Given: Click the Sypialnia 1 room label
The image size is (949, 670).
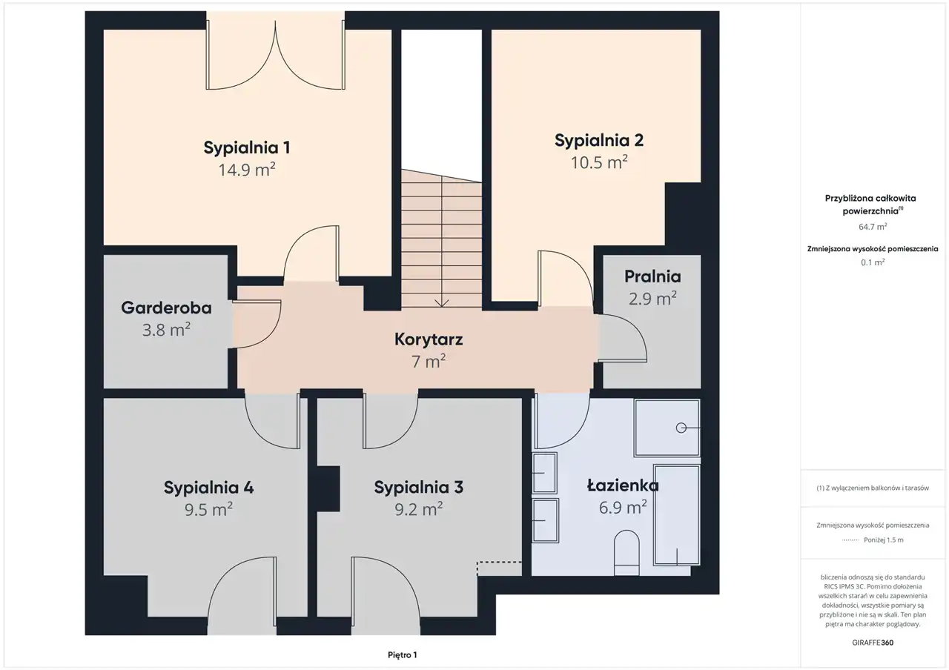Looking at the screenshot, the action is (247, 147).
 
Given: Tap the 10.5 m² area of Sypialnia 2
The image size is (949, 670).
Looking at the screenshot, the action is (599, 162).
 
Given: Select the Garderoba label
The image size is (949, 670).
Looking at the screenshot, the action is (166, 308).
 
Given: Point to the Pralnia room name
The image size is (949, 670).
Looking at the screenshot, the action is (652, 276).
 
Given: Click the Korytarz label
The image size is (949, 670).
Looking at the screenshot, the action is (429, 339).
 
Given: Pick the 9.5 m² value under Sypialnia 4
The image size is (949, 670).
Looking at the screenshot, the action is (208, 509).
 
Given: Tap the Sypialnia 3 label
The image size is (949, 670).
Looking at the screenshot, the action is (419, 488).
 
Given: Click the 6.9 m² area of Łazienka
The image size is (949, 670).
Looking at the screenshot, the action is (623, 507).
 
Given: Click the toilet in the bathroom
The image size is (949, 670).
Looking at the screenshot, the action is (626, 553).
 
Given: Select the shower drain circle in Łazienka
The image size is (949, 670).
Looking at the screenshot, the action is (681, 428).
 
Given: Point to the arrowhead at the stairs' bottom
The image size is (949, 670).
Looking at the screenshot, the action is (442, 303).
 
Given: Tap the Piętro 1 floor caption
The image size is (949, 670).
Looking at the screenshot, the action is (403, 654).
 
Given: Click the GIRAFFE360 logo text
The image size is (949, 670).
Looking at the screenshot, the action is (873, 643).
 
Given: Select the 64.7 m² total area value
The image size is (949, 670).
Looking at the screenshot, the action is (873, 227).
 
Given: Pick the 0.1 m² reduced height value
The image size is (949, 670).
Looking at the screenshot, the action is (873, 262).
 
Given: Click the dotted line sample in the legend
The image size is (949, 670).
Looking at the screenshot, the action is (850, 540).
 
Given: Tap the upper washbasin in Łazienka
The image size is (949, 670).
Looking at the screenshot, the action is (544, 473).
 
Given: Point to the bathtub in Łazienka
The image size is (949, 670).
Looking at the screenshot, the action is (677, 515).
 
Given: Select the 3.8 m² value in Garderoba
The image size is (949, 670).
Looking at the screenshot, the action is (166, 330).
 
